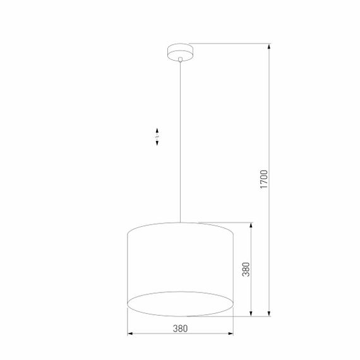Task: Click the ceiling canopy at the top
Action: coord(180,51)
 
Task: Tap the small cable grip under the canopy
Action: coord(180,60)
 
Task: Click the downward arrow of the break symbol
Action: coord(157,143)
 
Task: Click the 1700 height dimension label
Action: coord(265,180)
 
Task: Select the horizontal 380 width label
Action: coord(181,328)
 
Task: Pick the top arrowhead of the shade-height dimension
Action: coord(253,225)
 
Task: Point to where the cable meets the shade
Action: coord(180,222)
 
